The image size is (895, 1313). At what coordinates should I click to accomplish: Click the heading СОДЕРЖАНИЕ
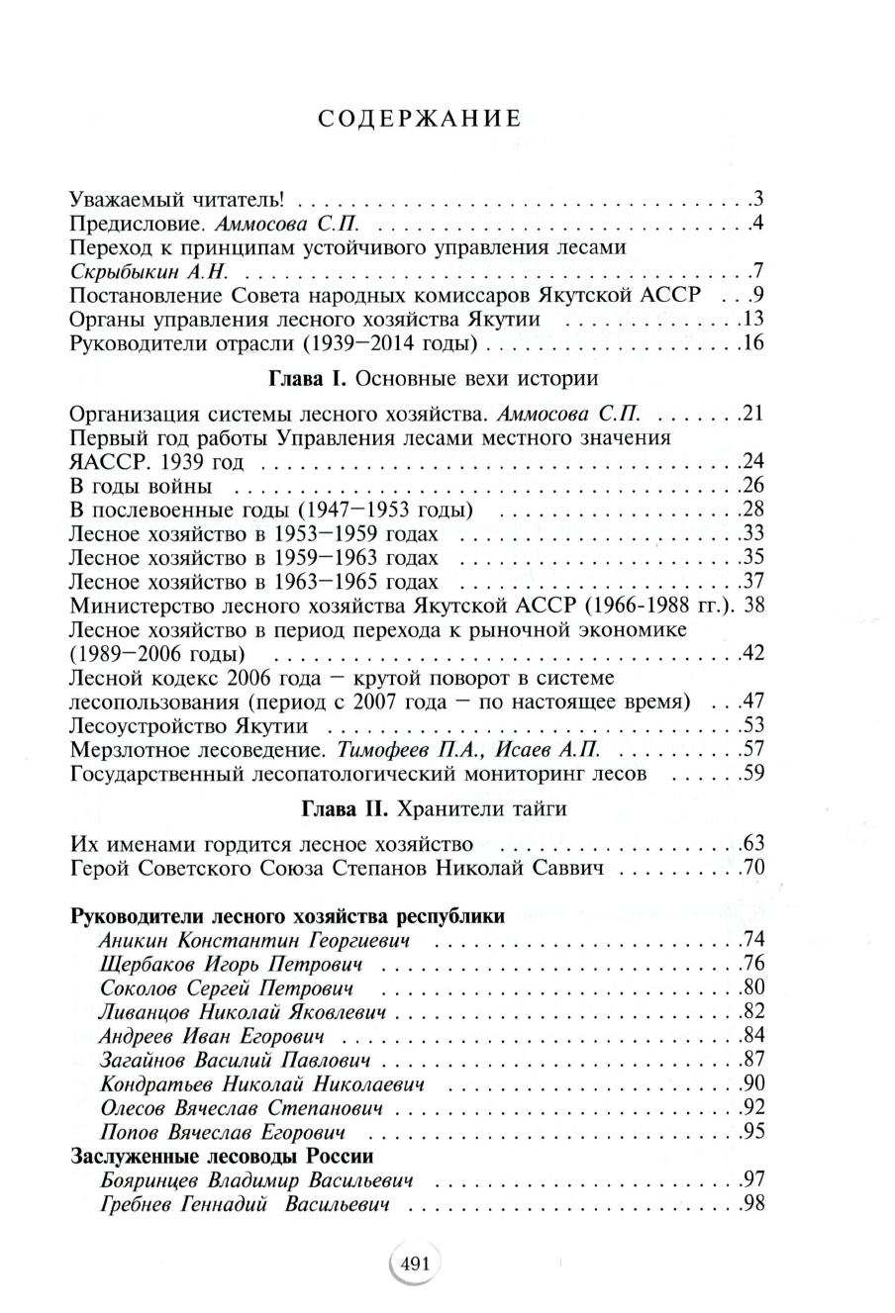pyautogui.click(x=421, y=119)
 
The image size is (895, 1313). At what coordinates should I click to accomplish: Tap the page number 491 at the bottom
pyautogui.click(x=415, y=1263)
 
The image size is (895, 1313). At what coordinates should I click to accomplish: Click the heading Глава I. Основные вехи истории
pyautogui.click(x=433, y=378)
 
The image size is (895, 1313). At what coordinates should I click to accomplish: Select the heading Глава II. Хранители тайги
pyautogui.click(x=433, y=808)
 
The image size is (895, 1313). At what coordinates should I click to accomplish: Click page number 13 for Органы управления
pyautogui.click(x=753, y=319)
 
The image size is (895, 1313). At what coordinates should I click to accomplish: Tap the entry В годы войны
pyautogui.click(x=141, y=485)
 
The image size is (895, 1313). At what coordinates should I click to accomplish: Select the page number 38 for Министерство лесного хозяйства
pyautogui.click(x=753, y=605)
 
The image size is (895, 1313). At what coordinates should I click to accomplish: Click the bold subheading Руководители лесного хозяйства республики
pyautogui.click(x=288, y=915)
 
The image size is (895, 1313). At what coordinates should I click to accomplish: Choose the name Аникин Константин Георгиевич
pyautogui.click(x=254, y=940)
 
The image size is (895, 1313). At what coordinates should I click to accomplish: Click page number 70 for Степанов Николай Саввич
pyautogui.click(x=754, y=869)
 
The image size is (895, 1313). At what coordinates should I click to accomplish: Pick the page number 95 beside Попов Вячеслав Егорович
pyautogui.click(x=754, y=1131)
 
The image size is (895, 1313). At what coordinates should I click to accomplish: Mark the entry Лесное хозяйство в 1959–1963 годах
pyautogui.click(x=253, y=557)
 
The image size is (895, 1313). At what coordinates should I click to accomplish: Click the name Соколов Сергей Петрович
pyautogui.click(x=226, y=987)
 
